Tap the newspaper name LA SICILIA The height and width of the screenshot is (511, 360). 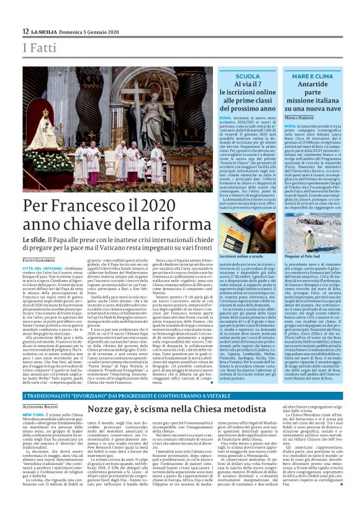tap(47, 31)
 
